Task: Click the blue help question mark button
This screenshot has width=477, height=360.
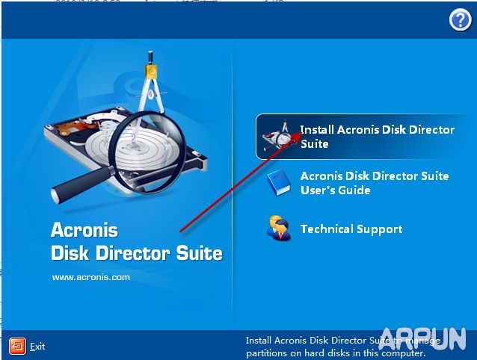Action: tap(460, 20)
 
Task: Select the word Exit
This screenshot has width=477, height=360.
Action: tap(37, 347)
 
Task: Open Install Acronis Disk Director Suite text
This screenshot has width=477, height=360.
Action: tap(377, 136)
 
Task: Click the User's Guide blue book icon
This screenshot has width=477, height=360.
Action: tap(278, 183)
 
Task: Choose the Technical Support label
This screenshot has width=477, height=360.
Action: tap(351, 229)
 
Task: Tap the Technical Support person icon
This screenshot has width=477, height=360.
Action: tap(278, 228)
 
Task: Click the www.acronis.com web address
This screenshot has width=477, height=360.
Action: tap(90, 276)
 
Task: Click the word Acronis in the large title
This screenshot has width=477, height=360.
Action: tap(84, 229)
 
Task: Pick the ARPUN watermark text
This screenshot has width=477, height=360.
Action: tap(423, 338)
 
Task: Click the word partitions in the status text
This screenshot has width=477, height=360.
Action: tap(268, 353)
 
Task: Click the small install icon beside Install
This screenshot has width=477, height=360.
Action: tap(277, 137)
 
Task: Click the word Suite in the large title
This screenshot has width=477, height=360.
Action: tap(200, 253)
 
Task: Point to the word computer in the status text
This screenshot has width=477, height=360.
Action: tap(404, 353)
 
